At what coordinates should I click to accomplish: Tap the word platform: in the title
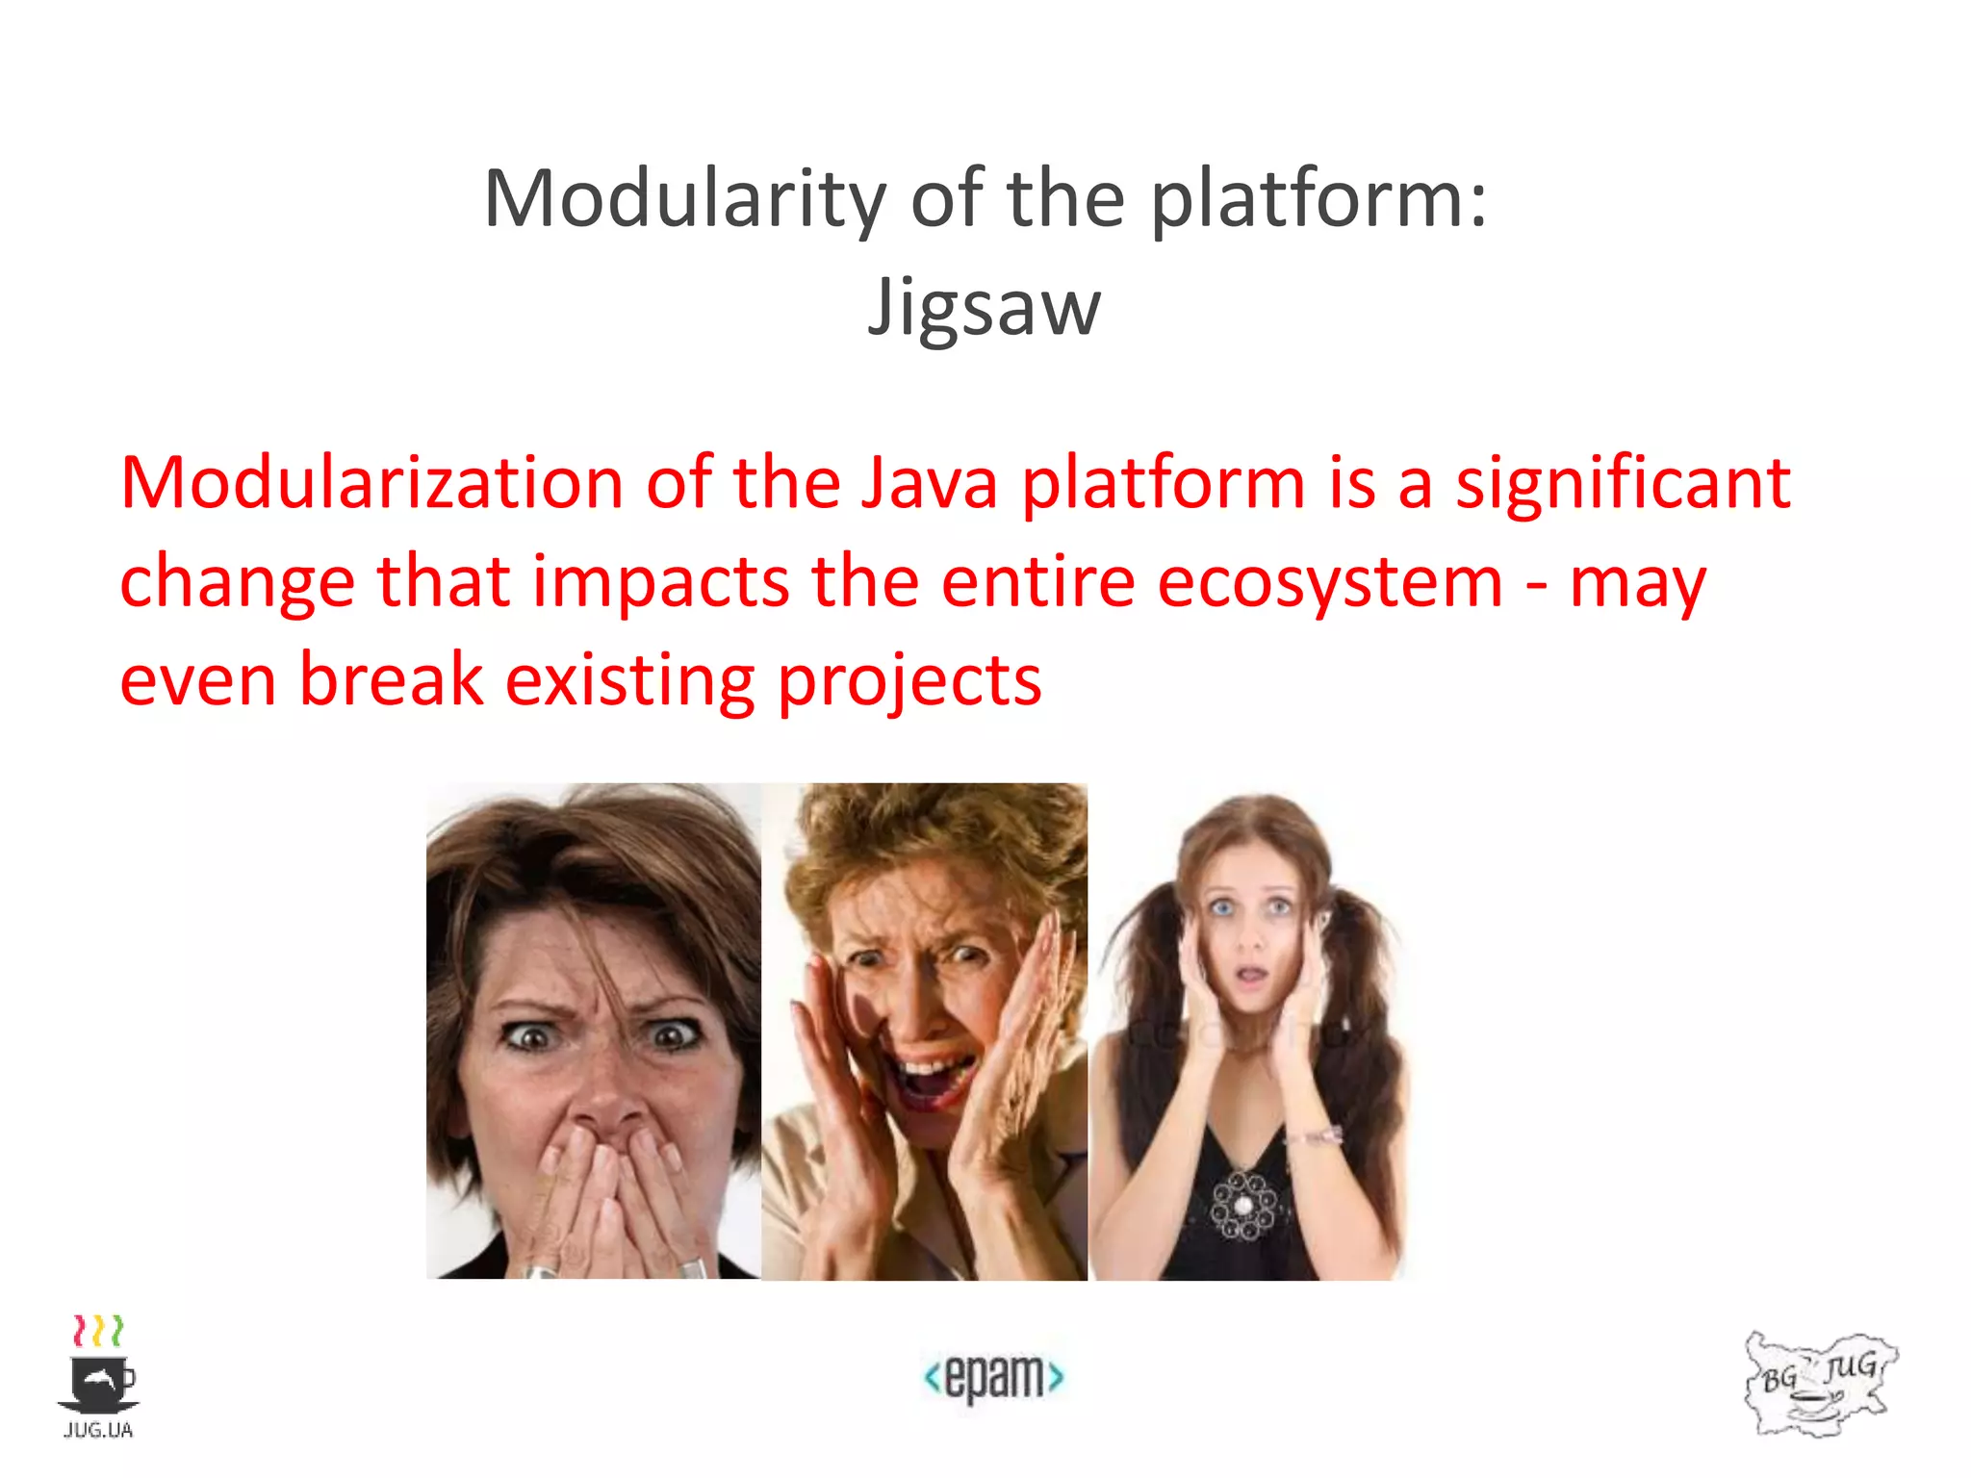pyautogui.click(x=1318, y=199)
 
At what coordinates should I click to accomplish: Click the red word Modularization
pyautogui.click(x=371, y=483)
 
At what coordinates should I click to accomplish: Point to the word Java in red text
pyautogui.click(x=929, y=483)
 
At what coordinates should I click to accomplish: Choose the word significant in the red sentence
pyautogui.click(x=1623, y=483)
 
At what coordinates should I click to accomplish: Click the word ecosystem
pyautogui.click(x=1329, y=582)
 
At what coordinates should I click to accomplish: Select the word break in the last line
pyautogui.click(x=392, y=680)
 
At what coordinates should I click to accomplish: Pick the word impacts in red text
pyautogui.click(x=661, y=582)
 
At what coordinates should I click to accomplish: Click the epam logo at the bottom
pyautogui.click(x=993, y=1377)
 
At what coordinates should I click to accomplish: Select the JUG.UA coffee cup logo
pyautogui.click(x=98, y=1377)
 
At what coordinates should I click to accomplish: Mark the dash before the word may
pyautogui.click(x=1537, y=584)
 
